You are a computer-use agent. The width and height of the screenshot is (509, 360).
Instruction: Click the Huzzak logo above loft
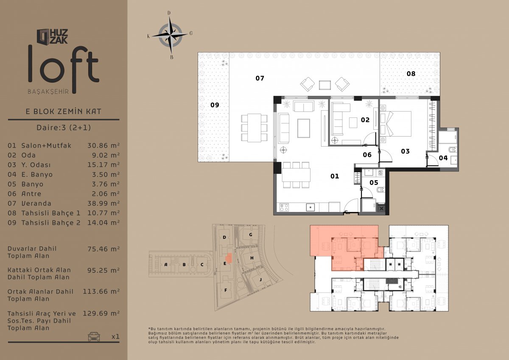(x=52, y=36)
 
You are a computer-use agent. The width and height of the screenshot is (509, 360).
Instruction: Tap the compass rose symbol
(x=170, y=35)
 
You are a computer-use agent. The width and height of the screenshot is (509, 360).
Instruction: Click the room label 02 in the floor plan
(x=365, y=120)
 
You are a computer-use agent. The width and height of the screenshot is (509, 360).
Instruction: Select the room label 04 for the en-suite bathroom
(x=443, y=158)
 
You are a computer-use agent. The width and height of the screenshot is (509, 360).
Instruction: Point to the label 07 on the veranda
(x=260, y=78)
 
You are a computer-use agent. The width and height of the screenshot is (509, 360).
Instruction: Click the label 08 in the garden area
(x=411, y=74)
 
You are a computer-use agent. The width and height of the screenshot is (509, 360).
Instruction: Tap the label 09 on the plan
(x=215, y=105)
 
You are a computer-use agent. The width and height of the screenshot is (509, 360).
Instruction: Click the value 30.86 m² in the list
(x=103, y=145)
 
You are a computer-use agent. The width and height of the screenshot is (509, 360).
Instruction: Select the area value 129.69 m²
(x=101, y=313)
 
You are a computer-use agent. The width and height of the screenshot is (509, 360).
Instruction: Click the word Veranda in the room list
(x=36, y=203)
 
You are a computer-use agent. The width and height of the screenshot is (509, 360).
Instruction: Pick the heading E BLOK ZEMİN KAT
(x=63, y=111)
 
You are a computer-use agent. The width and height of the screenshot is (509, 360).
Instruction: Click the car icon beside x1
(x=94, y=336)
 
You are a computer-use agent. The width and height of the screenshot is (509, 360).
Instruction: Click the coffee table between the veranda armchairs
(x=325, y=85)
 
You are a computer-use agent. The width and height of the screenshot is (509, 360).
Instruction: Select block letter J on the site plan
(x=260, y=279)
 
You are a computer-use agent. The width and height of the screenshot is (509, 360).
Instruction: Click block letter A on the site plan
(x=166, y=264)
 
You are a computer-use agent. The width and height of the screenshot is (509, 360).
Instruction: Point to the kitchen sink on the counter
(x=310, y=207)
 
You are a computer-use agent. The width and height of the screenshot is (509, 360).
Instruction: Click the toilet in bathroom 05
(x=380, y=190)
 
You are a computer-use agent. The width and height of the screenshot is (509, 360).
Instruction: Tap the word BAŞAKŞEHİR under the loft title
(x=48, y=92)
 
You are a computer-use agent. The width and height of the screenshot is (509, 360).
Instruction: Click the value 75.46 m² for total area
(x=103, y=249)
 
